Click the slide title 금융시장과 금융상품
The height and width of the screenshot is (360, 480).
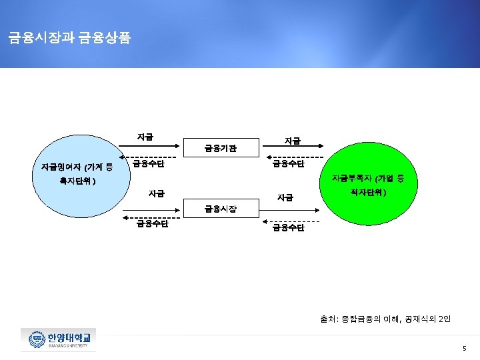pyautogui.click(x=69, y=38)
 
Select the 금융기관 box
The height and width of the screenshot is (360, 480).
pyautogui.click(x=220, y=147)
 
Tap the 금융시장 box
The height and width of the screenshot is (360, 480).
pyautogui.click(x=220, y=210)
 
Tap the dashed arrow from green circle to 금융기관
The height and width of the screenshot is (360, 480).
pyautogui.click(x=288, y=158)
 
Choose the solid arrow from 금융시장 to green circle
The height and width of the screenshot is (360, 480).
pyautogui.click(x=290, y=209)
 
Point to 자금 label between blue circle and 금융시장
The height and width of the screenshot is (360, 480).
pyautogui.click(x=156, y=194)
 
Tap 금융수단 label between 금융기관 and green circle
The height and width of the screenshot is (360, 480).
pyautogui.click(x=288, y=164)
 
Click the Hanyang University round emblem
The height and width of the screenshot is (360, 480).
pyautogui.click(x=34, y=340)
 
